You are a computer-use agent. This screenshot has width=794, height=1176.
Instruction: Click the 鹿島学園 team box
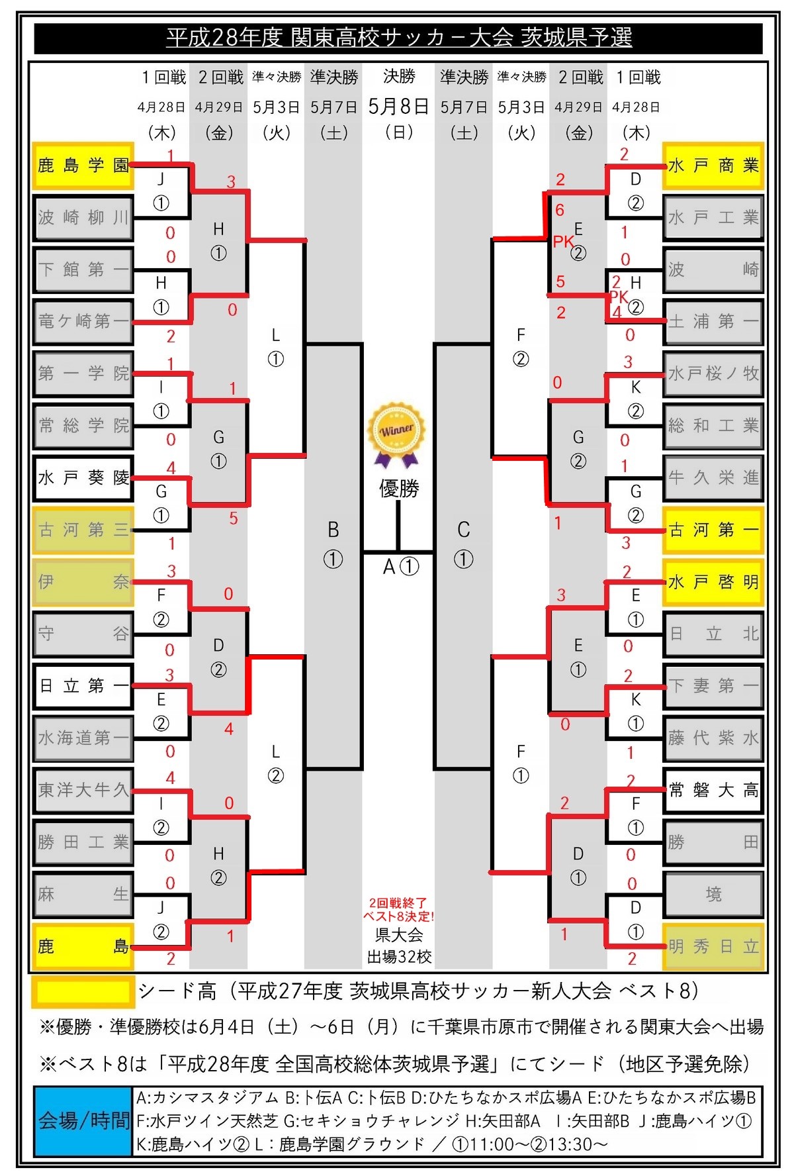point(83,165)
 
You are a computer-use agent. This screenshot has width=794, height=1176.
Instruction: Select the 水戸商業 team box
point(713,165)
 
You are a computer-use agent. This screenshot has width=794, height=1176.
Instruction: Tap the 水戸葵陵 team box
point(83,477)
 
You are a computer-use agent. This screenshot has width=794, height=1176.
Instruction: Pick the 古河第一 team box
point(713,530)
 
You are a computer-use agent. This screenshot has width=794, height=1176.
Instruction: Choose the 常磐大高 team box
point(713,790)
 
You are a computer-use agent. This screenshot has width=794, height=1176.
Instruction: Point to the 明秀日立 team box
point(713,946)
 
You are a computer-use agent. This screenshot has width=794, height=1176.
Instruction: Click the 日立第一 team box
point(83,686)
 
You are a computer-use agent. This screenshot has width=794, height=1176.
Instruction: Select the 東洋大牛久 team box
point(83,790)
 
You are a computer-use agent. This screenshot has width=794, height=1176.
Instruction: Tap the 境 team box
point(713,895)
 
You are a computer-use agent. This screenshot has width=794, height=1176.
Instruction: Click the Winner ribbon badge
point(397,434)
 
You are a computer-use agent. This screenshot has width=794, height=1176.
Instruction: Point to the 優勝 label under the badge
point(399,489)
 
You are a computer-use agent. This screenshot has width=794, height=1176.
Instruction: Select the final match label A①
point(401,567)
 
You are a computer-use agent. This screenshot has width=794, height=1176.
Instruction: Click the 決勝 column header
point(399,77)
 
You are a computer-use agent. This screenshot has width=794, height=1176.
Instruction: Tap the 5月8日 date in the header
point(398,106)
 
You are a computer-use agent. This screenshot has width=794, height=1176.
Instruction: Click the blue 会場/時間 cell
point(83,1120)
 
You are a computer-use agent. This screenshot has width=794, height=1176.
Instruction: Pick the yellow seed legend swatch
point(83,991)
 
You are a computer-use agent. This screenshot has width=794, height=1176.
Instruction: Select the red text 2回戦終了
point(398,903)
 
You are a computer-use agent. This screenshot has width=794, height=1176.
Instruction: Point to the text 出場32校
point(399,956)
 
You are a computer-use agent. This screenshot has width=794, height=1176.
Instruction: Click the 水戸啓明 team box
point(713,582)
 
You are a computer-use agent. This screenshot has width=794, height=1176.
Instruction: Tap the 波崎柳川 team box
point(83,217)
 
